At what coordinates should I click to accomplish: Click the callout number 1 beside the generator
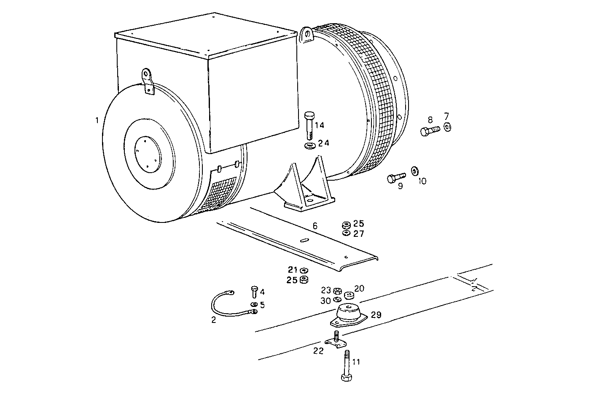point(97,120)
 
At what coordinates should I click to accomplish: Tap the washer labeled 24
point(310,146)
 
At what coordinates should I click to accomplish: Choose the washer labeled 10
point(414,171)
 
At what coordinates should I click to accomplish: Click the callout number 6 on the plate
point(315,226)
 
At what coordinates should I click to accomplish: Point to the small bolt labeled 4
point(254,291)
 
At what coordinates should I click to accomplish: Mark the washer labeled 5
point(253,304)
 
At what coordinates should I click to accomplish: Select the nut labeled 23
point(336,291)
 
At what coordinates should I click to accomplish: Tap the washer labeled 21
point(304,270)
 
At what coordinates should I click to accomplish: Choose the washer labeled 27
point(346,233)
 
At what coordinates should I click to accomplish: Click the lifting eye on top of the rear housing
point(306,35)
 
